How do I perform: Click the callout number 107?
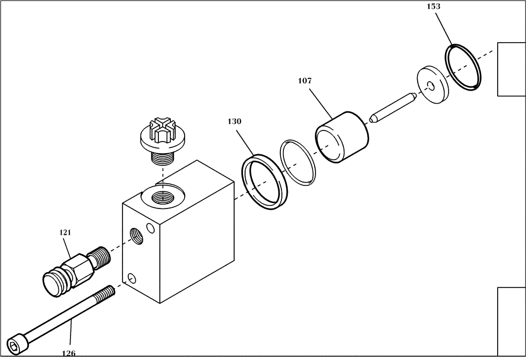click(305, 81)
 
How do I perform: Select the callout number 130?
click(235, 121)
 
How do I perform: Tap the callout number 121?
click(66, 232)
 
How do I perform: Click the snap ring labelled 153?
click(464, 68)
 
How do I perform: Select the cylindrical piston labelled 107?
click(342, 137)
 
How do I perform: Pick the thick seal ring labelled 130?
click(264, 181)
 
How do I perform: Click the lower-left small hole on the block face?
click(131, 277)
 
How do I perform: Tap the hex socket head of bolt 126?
click(15, 344)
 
